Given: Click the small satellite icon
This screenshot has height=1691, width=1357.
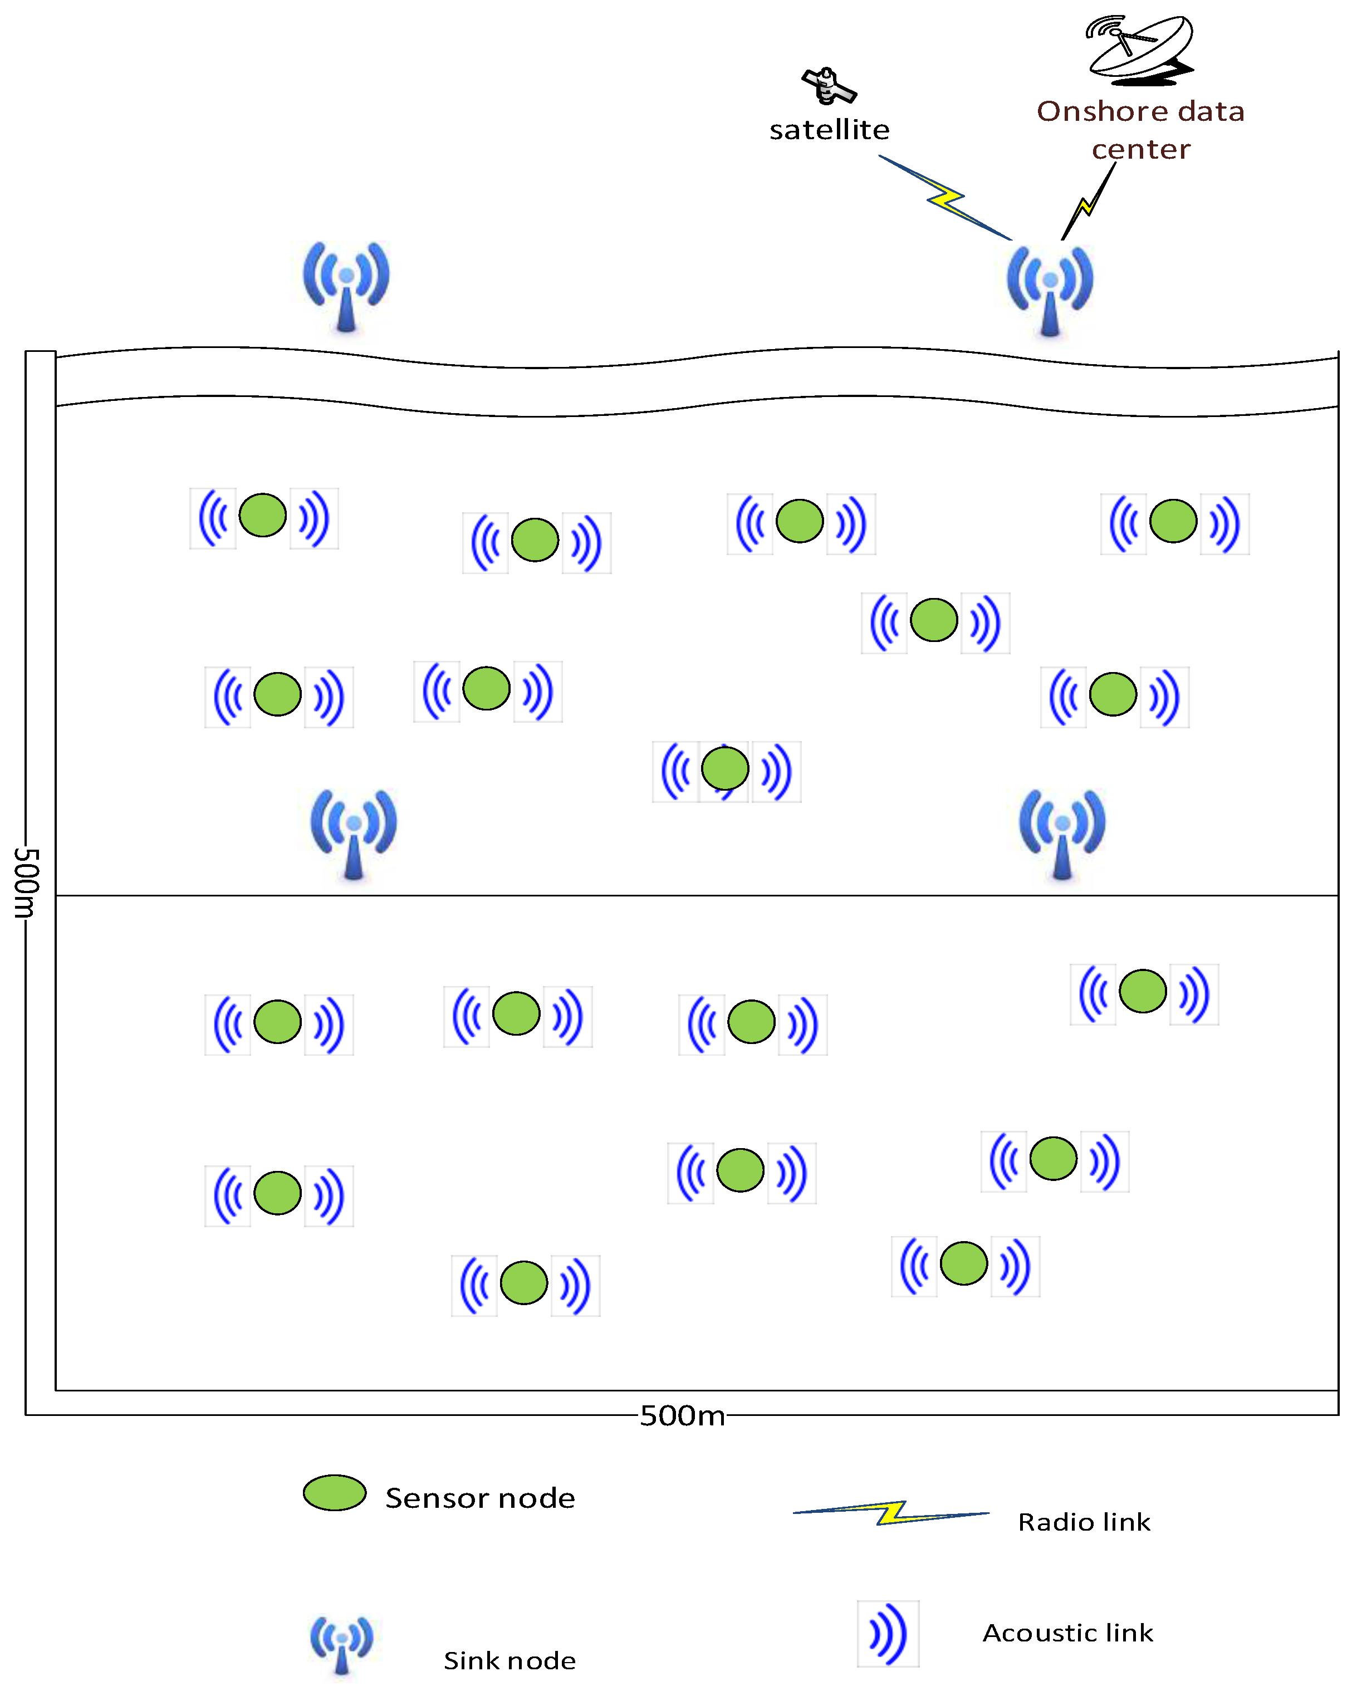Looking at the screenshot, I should pyautogui.click(x=829, y=86).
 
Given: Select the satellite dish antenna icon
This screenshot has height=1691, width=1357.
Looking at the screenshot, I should pyautogui.click(x=1140, y=48).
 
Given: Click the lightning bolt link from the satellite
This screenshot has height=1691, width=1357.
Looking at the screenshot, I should pyautogui.click(x=944, y=197).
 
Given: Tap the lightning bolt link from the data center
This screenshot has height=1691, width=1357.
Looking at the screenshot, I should pyautogui.click(x=1088, y=202).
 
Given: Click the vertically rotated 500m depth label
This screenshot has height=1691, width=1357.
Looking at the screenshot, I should pyautogui.click(x=26, y=883).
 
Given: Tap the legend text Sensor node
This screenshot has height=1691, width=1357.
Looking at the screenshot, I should pyautogui.click(x=480, y=1498).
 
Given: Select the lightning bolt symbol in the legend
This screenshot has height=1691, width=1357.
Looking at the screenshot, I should pyautogui.click(x=891, y=1512).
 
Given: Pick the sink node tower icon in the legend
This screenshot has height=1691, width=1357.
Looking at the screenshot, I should pyautogui.click(x=341, y=1643).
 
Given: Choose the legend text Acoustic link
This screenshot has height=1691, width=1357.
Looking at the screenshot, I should pyautogui.click(x=1067, y=1633).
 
